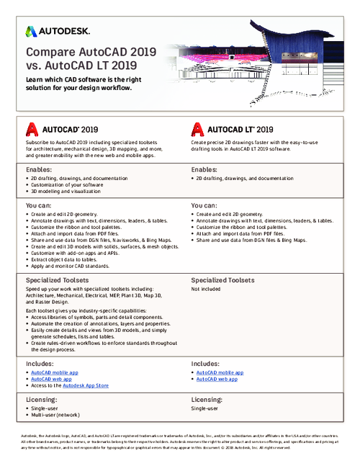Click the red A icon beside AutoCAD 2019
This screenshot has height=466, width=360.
tap(32, 129)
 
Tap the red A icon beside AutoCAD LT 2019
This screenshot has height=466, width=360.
tap(197, 129)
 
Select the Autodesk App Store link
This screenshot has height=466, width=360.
tap(85, 387)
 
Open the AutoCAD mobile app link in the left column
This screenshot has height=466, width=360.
tap(55, 372)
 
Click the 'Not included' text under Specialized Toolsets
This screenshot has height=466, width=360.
tap(207, 289)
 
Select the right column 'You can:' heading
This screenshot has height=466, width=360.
tap(206, 206)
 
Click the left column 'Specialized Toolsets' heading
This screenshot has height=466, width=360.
tap(60, 280)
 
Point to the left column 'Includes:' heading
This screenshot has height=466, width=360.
tap(40, 364)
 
